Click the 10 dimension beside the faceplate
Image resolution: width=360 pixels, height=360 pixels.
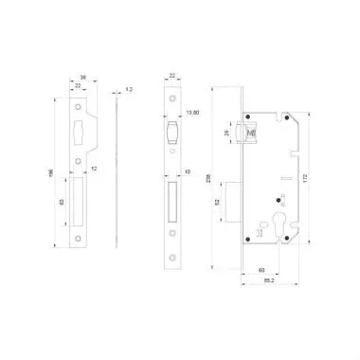(189, 172)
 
